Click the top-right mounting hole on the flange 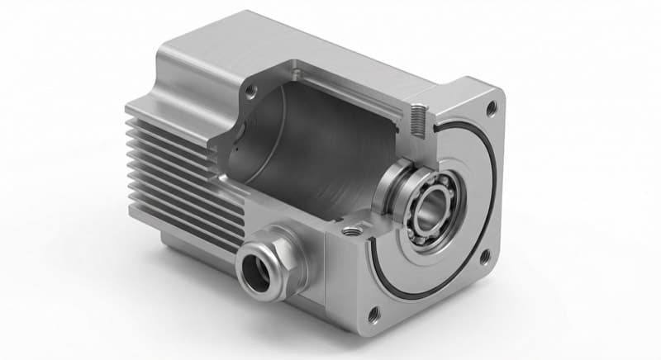click(x=492, y=107)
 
